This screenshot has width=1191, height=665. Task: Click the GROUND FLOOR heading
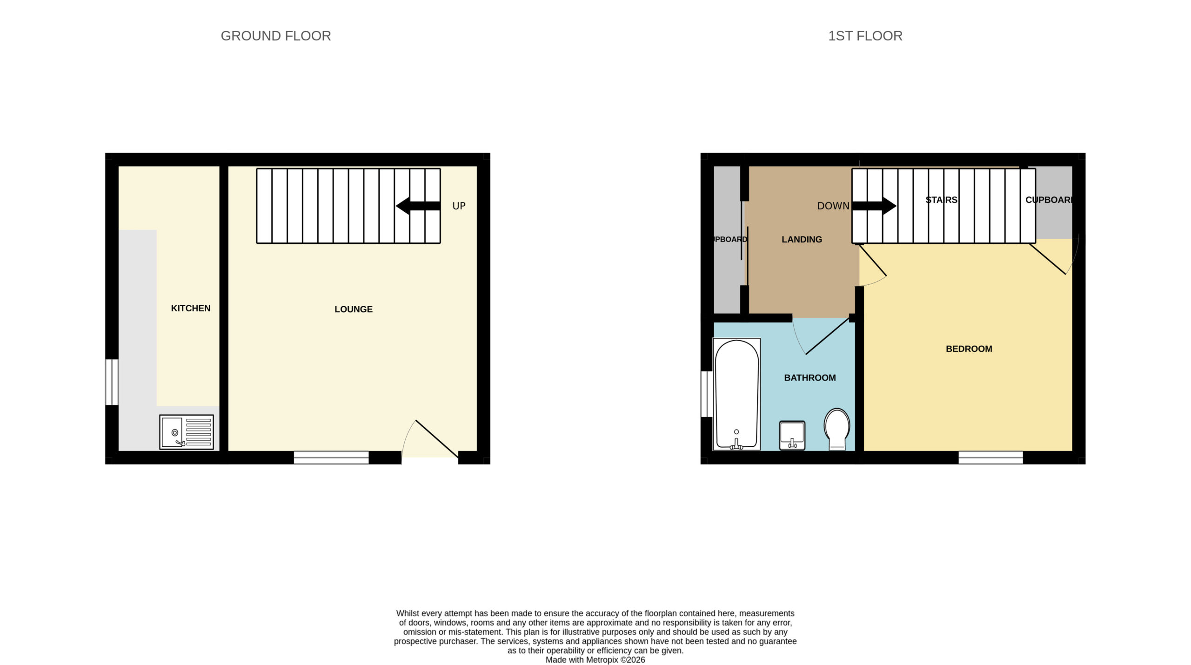coord(275,36)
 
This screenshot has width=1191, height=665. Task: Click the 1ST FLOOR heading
coord(865,36)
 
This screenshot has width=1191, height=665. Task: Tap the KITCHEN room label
coord(191,308)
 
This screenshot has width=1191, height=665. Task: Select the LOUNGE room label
coord(354,309)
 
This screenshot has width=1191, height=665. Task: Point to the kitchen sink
coord(187,432)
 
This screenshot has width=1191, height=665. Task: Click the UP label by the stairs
coord(459,206)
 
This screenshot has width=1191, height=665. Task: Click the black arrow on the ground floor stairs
coord(418,206)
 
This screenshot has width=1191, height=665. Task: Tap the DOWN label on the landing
coord(833,206)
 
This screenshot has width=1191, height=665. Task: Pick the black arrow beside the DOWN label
coord(874,206)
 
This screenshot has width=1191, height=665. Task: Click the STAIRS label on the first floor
coord(941,200)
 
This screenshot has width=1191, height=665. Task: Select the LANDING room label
coord(802,239)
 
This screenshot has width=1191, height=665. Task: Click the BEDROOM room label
coord(969,349)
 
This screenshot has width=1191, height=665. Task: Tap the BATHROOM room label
coord(810,377)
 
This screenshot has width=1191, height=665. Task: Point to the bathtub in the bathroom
coord(736,394)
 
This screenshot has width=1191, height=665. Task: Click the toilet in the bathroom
coord(837,429)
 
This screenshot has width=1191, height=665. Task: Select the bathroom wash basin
coord(792,436)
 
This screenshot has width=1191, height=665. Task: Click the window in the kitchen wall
coord(112,382)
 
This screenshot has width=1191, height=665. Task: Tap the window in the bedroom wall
coord(990,457)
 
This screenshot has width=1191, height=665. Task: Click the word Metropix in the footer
coord(602,659)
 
